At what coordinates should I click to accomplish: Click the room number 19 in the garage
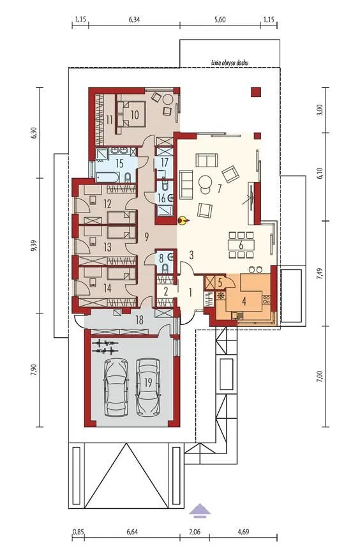point(148,382)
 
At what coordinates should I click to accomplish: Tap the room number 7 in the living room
point(220,188)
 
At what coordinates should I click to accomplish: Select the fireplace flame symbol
point(183,221)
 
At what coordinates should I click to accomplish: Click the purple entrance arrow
point(200,509)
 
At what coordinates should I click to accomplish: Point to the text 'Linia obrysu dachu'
point(229,63)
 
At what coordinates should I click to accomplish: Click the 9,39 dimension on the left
point(34,245)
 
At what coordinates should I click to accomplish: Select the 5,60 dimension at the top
point(220,20)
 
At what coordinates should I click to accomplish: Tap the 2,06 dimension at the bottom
point(195,532)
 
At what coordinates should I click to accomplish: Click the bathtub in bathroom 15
point(107,177)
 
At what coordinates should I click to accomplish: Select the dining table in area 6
point(241,245)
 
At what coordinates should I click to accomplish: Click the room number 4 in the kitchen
point(244,301)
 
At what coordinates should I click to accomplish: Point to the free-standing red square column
point(256,92)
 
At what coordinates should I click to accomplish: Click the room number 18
point(139,320)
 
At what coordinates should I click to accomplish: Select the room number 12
point(107,204)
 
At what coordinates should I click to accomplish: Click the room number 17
point(164,163)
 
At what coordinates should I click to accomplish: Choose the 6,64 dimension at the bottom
point(132,532)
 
